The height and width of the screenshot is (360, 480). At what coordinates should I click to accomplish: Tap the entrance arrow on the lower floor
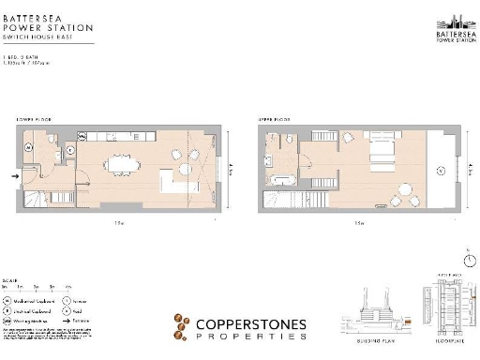13,174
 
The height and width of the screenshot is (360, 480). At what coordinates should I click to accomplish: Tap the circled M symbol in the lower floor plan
30,147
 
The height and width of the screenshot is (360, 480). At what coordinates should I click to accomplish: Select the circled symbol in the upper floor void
441,171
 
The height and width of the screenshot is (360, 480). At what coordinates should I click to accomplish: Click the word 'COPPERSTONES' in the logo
248,325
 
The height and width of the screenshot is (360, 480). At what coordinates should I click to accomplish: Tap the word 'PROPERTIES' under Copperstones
248,337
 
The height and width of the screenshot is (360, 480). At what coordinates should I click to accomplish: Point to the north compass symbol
466,260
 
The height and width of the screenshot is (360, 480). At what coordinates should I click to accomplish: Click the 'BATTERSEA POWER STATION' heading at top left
47,21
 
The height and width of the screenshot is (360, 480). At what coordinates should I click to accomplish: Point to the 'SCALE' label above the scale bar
10,279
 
